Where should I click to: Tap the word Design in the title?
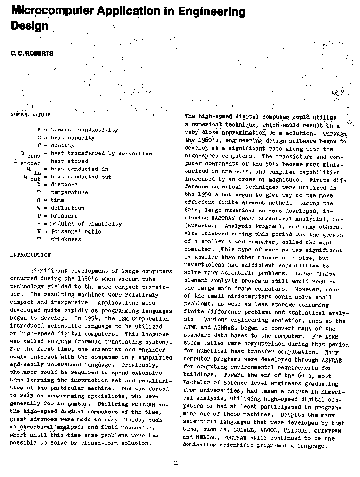(x=29, y=26)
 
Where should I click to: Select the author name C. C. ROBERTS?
(x=32, y=53)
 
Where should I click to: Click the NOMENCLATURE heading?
(x=31, y=114)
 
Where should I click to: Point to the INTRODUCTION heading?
(x=31, y=255)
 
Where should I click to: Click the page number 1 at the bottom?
(x=176, y=463)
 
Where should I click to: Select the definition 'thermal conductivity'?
(x=84, y=130)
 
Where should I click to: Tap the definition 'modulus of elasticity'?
(x=86, y=224)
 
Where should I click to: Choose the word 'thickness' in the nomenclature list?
(x=65, y=239)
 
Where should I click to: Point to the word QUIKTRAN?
(x=330, y=430)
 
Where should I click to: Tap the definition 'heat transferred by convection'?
(x=101, y=154)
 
